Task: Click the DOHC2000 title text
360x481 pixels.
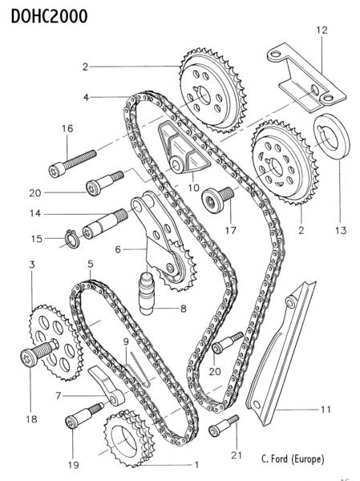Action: click(49, 16)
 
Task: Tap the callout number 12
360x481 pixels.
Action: click(322, 30)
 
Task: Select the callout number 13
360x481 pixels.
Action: click(341, 230)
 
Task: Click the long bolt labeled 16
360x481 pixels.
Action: click(72, 163)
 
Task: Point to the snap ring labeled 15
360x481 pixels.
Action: click(72, 239)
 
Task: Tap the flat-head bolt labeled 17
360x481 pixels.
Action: click(217, 199)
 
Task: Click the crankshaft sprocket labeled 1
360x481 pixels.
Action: click(127, 439)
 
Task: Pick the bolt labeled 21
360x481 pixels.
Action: click(224, 426)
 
